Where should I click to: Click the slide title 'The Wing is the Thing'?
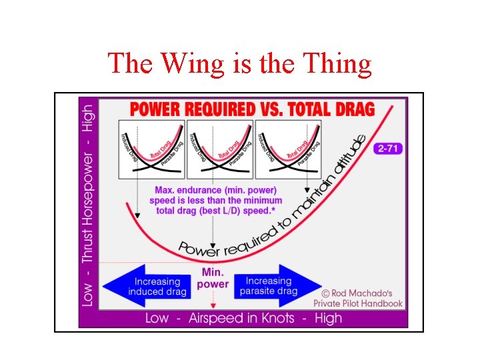pos(239,63)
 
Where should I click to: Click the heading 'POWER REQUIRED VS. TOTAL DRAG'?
pos(252,109)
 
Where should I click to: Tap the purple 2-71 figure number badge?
pos(388,149)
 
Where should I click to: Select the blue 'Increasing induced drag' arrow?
pos(144,286)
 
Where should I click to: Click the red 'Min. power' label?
pos(213,279)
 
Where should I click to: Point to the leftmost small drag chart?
pos(151,149)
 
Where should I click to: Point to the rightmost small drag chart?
pos(289,149)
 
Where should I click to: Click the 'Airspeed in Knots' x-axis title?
pos(241,318)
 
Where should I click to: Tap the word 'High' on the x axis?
pos(327,318)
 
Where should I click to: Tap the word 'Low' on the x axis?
pos(157,318)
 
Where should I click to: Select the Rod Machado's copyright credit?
pos(361,297)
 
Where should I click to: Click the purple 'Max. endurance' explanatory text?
pos(218,200)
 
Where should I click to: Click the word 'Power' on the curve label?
pos(199,248)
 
